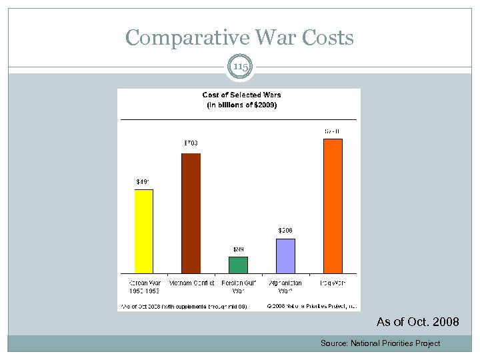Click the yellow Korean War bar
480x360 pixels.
click(144, 231)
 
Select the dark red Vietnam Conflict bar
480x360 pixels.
click(191, 213)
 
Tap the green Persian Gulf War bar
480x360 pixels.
click(238, 265)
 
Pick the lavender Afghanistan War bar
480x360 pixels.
click(285, 256)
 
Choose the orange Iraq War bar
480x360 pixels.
click(333, 206)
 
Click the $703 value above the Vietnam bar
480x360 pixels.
click(191, 143)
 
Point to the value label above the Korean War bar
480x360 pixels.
click(143, 181)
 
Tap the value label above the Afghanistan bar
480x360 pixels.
click(285, 230)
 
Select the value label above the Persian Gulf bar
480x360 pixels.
click(238, 249)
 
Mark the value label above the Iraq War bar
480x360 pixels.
click(333, 131)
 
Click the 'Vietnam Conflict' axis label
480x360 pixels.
click(191, 283)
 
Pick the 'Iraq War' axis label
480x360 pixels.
click(333, 283)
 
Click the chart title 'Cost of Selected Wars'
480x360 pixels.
click(241, 95)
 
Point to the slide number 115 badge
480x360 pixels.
click(239, 67)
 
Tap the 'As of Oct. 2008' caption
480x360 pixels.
click(417, 322)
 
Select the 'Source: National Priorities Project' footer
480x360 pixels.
click(380, 343)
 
